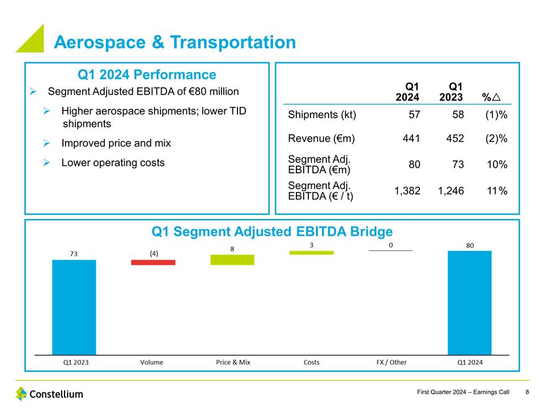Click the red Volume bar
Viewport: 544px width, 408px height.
click(153, 262)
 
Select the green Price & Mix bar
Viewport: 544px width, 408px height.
click(232, 260)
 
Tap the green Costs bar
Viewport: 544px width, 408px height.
click(311, 252)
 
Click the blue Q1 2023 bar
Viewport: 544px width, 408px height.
click(74, 306)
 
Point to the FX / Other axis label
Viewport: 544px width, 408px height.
click(391, 362)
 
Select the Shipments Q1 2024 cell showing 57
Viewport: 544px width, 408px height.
click(414, 115)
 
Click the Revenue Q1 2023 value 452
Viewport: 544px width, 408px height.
click(455, 138)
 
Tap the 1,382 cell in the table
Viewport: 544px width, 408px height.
click(407, 191)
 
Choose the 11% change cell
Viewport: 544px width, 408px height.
click(496, 191)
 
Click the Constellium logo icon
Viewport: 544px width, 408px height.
click(22, 393)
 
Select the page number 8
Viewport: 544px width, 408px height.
click(528, 392)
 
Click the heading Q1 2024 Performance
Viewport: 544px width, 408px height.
click(146, 75)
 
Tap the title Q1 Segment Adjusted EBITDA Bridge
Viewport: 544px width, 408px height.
click(272, 231)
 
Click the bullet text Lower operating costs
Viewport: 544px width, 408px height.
click(113, 163)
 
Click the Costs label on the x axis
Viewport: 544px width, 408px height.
click(311, 362)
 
